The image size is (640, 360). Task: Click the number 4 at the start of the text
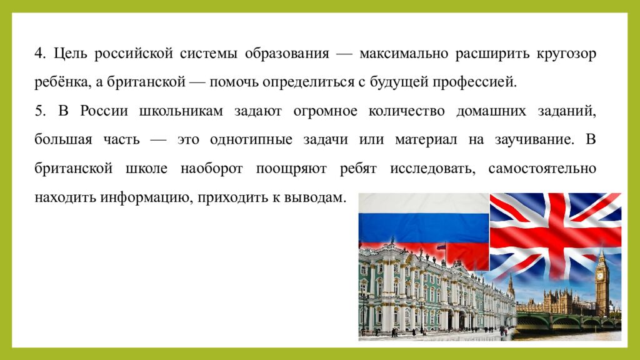(39, 54)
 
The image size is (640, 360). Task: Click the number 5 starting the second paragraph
(39, 111)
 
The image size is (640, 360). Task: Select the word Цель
(69, 54)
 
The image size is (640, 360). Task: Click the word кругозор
(566, 54)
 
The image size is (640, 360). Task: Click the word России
(104, 111)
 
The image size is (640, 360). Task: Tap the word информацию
(156, 197)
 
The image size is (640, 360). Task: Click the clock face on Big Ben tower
(602, 274)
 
